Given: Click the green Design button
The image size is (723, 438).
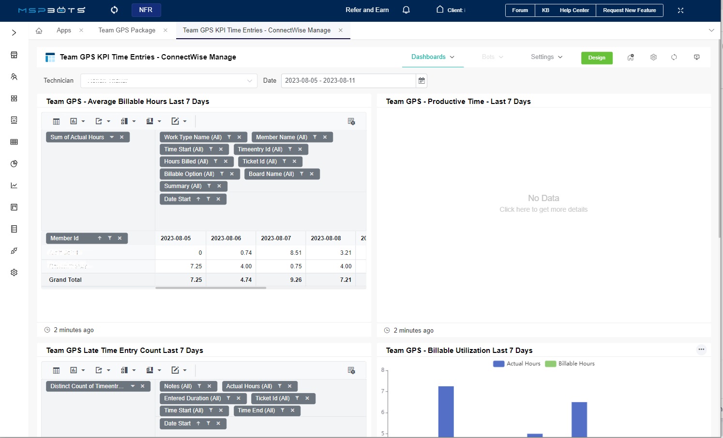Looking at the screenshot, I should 596,58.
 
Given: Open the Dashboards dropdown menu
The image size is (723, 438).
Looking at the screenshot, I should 433,57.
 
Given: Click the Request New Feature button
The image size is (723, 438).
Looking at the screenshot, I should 629,10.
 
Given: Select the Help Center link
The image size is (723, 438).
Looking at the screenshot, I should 574,10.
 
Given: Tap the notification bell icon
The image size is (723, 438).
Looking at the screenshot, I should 406,10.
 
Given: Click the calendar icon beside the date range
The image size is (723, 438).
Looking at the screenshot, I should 422,81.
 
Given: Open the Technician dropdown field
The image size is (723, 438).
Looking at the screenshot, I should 168,81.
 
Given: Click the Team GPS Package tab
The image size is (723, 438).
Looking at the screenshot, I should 127,30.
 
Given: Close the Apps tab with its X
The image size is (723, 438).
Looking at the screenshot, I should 81,30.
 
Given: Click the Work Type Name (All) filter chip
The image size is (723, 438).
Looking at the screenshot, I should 193,137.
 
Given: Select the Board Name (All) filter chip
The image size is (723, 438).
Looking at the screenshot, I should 271,174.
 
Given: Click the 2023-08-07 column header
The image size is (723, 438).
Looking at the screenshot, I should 276,238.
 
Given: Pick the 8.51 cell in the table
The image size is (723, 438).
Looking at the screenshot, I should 295,253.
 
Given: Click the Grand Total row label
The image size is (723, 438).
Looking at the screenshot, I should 65,280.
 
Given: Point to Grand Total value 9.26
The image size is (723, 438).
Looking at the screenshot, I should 295,280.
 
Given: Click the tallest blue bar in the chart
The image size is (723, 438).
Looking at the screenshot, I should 446,411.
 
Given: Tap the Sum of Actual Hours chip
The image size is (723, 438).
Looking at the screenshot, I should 77,137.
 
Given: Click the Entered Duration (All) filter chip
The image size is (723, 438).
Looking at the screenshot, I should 192,398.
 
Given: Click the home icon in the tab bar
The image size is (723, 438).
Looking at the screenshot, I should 39,30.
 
